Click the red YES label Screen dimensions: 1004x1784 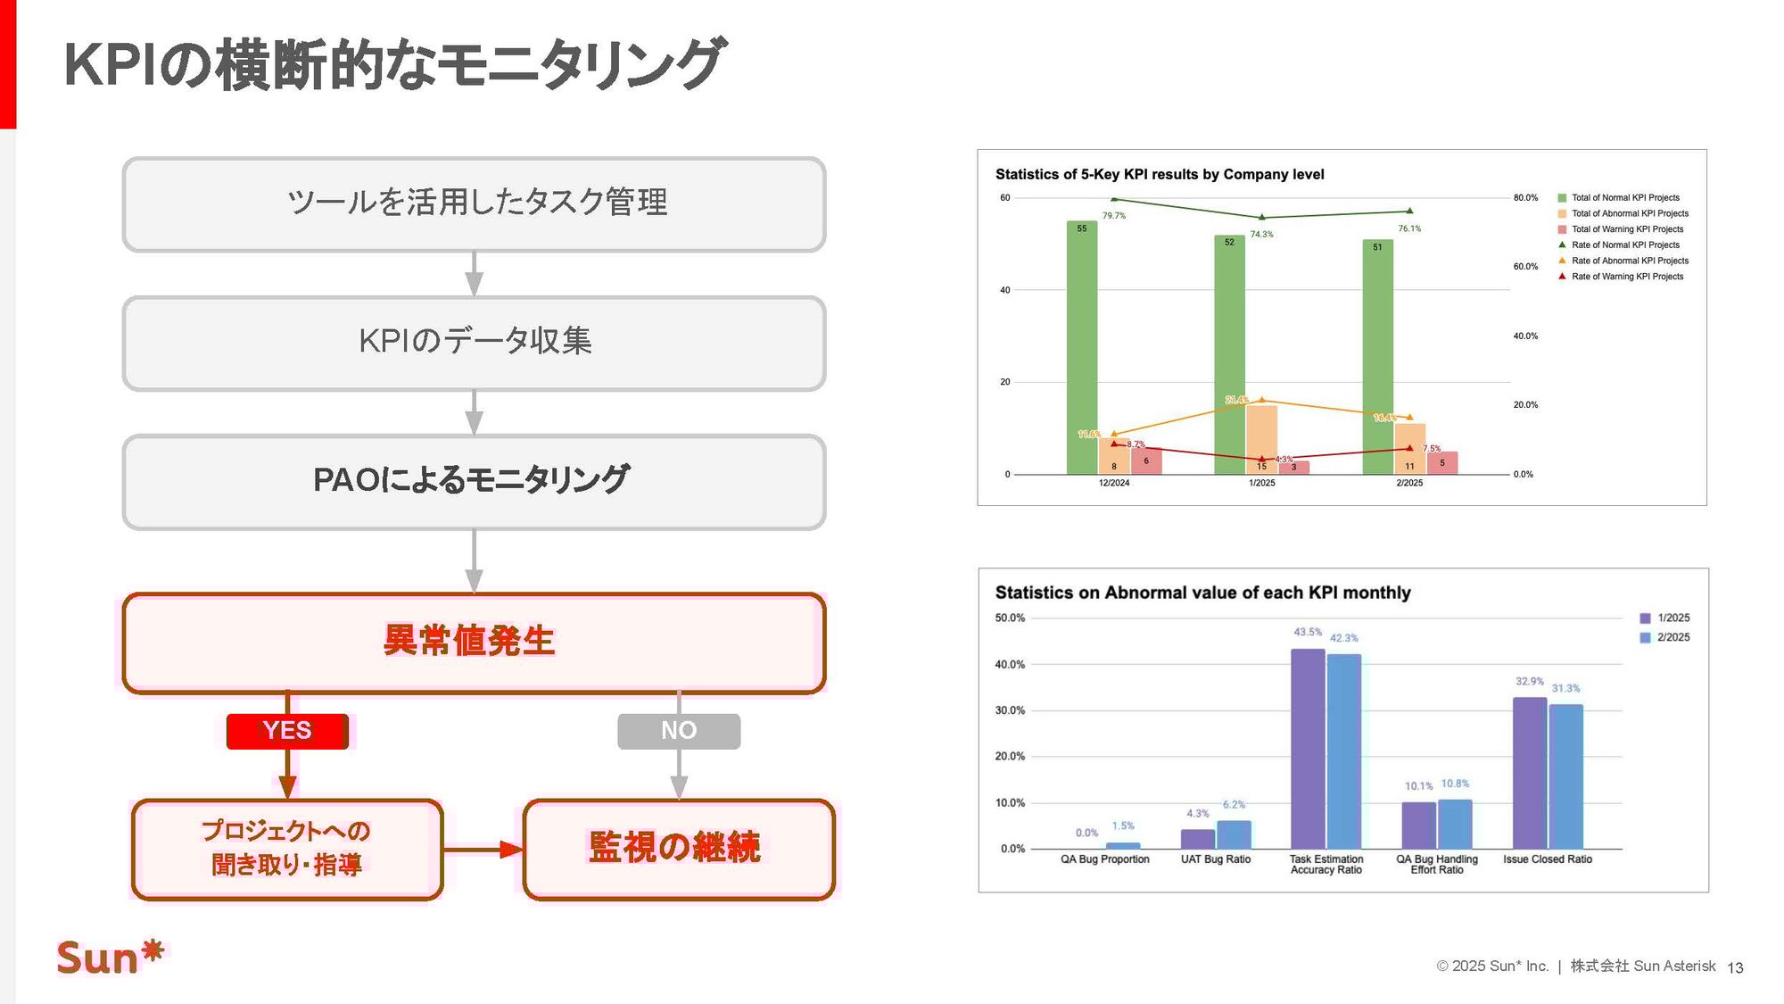[287, 731]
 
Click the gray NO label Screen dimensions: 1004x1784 [679, 731]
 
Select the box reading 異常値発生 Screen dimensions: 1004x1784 [474, 643]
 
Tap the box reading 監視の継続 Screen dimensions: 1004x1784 [678, 849]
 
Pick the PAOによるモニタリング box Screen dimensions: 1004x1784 [474, 481]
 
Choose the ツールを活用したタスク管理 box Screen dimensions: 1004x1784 [474, 203]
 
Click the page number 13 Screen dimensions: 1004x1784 [1735, 967]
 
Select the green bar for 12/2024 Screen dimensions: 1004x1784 [1082, 348]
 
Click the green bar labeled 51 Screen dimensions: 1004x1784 [1377, 357]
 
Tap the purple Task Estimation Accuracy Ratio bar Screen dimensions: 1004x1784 [1308, 749]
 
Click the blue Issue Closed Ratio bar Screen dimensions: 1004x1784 [1565, 776]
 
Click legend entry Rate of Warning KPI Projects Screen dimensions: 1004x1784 [1626, 277]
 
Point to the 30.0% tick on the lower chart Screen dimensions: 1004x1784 [1010, 710]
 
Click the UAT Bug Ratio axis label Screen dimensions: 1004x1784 [1215, 859]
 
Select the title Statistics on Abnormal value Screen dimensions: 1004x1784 [1202, 593]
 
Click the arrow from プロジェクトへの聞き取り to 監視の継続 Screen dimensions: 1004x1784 [483, 850]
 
